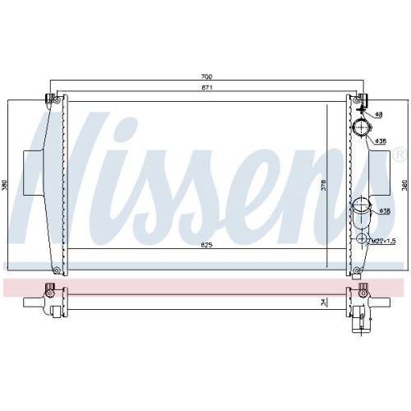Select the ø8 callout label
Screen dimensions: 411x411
point(380,114)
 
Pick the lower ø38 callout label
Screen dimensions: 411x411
point(384,210)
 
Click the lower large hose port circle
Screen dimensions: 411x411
point(360,206)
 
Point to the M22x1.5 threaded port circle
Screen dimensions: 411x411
point(360,239)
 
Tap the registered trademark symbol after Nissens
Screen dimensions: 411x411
point(399,154)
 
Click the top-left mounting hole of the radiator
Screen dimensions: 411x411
point(51,99)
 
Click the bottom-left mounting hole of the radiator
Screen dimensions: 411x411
point(54,270)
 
